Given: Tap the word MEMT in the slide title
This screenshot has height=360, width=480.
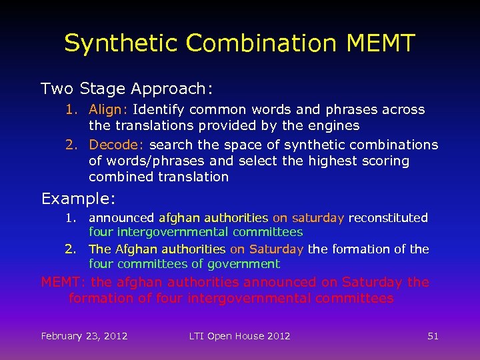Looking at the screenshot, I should tap(381, 43).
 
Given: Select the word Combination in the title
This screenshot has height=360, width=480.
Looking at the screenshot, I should tap(261, 43).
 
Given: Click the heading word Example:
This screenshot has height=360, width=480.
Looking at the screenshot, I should tap(79, 199).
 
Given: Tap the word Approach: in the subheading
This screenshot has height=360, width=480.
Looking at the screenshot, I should tap(172, 89).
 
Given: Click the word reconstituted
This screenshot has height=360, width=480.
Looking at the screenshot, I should tap(388, 218).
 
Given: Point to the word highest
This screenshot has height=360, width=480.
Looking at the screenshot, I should tap(341, 161).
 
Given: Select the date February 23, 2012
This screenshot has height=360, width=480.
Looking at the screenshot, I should tap(84, 336).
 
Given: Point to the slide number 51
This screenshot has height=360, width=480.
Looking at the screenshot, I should tap(433, 336).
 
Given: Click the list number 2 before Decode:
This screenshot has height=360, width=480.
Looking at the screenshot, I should tap(71, 145).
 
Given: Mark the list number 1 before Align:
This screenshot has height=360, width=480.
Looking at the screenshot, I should tap(71, 109).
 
